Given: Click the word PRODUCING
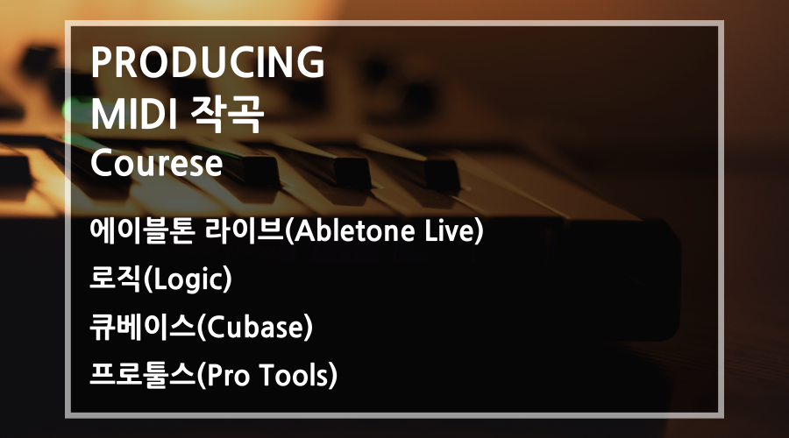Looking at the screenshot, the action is click(x=208, y=62).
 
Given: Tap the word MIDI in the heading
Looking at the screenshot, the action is click(x=134, y=114).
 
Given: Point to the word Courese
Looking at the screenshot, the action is click(x=157, y=164).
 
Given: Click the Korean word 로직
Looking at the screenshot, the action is click(x=116, y=279).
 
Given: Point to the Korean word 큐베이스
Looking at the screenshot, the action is click(x=142, y=327).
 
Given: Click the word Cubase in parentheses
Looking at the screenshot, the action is click(x=254, y=328).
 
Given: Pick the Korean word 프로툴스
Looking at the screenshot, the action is click(x=142, y=375).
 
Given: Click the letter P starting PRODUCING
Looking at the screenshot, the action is click(x=101, y=62).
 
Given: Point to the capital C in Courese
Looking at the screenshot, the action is click(x=103, y=164).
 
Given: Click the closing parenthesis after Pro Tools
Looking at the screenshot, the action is click(x=332, y=376).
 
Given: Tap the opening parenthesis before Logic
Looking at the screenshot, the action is click(x=147, y=279).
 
